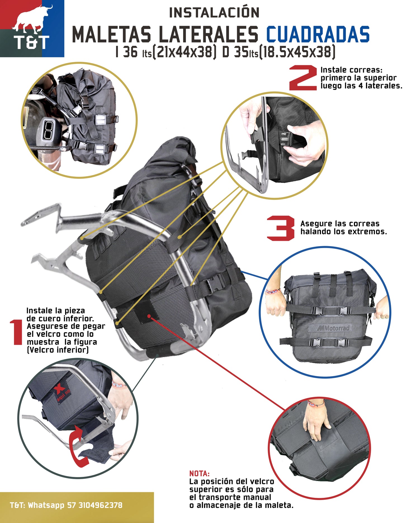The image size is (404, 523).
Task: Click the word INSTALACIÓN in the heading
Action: click(x=214, y=13)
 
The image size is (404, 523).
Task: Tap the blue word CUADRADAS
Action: click(x=318, y=34)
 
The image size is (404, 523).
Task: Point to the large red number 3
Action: click(x=281, y=228)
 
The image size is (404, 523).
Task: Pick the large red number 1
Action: click(x=16, y=332)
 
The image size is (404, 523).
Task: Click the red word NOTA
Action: click(x=199, y=473)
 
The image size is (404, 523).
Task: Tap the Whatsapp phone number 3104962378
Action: click(x=100, y=505)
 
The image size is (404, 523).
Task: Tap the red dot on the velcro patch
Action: click(x=149, y=316)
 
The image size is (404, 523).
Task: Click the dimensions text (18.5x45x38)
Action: click(x=297, y=52)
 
